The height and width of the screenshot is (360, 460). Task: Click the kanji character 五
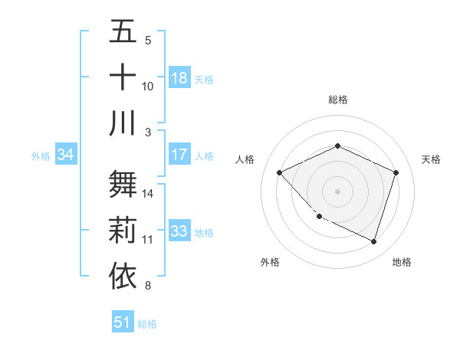tap(123, 31)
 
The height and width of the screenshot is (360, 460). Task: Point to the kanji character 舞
tap(123, 184)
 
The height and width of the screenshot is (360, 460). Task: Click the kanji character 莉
tap(123, 231)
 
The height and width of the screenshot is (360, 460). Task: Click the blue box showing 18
tap(179, 77)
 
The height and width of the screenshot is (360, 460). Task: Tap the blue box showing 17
tap(179, 155)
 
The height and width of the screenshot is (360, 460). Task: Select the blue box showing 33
tap(179, 231)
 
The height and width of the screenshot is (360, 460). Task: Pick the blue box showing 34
tap(66, 155)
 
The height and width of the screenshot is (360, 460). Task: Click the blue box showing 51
tap(123, 322)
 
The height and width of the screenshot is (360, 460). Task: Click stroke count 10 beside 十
tap(148, 86)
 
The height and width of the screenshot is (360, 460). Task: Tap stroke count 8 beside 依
tap(147, 286)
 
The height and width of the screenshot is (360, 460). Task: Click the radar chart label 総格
tap(337, 100)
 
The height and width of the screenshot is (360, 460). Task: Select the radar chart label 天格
tap(432, 159)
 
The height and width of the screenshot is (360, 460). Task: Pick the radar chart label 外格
tap(270, 262)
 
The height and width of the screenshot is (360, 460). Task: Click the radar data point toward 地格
tap(374, 241)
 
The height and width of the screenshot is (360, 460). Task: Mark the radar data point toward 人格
tap(279, 172)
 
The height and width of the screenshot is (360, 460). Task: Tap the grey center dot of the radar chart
tap(337, 191)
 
